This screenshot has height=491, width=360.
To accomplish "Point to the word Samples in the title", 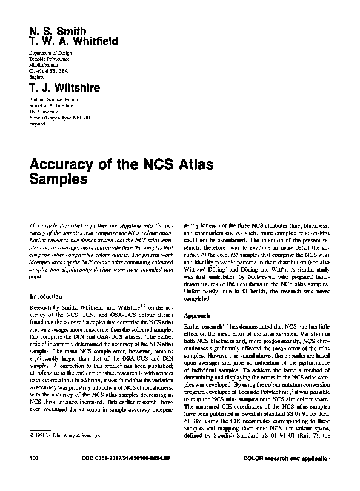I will pyautogui.click(x=58, y=180).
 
